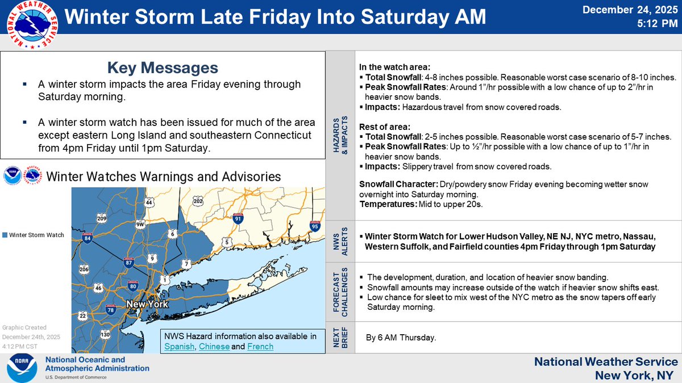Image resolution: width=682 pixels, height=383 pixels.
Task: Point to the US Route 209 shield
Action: click(x=102, y=218)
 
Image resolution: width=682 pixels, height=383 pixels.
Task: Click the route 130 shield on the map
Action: click(x=104, y=335)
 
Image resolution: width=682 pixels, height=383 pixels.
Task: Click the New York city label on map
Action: click(x=147, y=304)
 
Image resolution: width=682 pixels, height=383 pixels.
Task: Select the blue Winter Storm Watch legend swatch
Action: click(x=5, y=235)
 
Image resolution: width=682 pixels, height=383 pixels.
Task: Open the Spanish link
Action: click(x=178, y=346)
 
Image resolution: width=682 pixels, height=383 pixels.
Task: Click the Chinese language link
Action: click(x=214, y=346)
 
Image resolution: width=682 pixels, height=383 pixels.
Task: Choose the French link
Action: click(x=260, y=346)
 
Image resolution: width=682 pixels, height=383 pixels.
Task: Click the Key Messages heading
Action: click(x=163, y=68)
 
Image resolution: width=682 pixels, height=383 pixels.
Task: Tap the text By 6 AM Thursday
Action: click(x=401, y=338)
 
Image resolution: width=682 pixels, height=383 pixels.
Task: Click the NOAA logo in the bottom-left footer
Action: click(x=22, y=368)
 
